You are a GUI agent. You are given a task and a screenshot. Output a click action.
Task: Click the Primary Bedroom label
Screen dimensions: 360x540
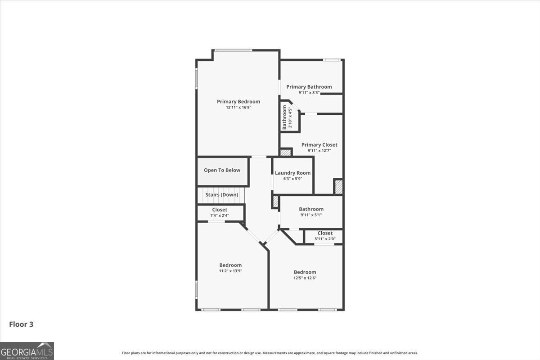coord(238,102)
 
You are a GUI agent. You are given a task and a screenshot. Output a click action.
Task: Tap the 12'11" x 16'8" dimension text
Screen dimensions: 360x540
coord(238,108)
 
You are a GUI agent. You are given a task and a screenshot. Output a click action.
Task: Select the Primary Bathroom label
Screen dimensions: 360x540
coord(309,87)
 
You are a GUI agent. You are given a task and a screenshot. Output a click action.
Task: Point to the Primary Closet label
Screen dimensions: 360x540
coord(319,145)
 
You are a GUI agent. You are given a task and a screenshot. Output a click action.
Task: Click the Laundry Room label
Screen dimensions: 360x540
coord(292,173)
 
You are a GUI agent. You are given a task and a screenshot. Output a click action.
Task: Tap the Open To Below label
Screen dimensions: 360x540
coord(222,170)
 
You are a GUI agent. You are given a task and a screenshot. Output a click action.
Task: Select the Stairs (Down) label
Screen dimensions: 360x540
coord(222,195)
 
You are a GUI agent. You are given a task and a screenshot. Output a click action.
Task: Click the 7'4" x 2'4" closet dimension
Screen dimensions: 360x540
coord(220,216)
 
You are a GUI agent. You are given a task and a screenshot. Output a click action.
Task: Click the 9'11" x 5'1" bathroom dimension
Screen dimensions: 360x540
coord(311,215)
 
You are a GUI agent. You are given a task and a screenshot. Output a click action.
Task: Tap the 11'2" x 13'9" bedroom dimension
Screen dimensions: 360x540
coord(230,271)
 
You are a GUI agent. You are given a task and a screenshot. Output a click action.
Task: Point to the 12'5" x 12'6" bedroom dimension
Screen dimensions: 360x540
coord(305,278)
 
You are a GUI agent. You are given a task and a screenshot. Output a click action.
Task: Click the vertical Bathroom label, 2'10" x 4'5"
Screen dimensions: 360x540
coord(288,117)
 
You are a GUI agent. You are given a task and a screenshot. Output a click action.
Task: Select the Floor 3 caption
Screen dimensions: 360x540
coord(21,324)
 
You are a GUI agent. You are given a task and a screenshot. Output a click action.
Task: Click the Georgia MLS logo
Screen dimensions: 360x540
coord(27,351)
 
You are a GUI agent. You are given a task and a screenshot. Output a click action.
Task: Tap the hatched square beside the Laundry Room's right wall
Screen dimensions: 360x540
coord(338,186)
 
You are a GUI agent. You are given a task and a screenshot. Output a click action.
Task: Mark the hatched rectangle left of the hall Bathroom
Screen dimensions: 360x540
coord(275,201)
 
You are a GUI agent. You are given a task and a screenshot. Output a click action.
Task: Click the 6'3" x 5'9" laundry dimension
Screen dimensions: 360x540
coord(292,179)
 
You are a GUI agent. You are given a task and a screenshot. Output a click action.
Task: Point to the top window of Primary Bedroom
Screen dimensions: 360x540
coord(233,50)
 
